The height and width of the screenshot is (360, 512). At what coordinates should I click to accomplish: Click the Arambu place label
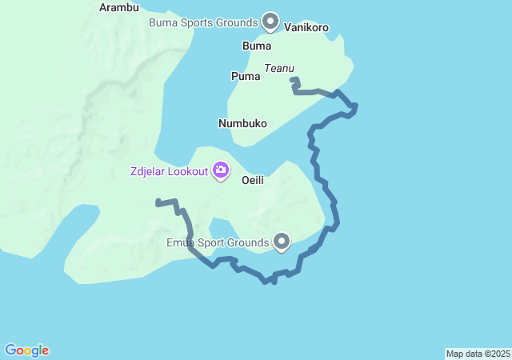[118, 7]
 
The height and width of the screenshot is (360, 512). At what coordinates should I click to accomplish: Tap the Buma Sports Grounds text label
[203, 22]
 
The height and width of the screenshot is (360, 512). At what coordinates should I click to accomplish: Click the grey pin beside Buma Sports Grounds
[270, 21]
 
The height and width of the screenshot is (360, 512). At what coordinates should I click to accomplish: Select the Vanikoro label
[306, 27]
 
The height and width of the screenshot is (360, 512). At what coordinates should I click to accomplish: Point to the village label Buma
[257, 46]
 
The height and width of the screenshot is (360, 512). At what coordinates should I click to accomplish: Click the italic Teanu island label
[278, 70]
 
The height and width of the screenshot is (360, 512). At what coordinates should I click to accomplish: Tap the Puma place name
[246, 77]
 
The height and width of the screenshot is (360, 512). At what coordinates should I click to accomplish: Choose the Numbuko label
[242, 124]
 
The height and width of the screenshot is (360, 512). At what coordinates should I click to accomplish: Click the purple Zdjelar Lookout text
[168, 171]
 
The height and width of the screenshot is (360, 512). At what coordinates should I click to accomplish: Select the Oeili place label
[252, 181]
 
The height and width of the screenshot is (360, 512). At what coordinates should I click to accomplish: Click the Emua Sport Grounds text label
[218, 242]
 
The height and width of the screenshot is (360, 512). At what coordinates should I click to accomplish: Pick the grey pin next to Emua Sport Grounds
[282, 241]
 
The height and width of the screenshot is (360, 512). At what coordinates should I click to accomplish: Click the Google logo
[26, 350]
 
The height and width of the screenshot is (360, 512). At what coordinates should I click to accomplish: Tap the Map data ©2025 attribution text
[478, 354]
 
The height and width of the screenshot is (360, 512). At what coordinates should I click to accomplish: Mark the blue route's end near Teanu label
[294, 80]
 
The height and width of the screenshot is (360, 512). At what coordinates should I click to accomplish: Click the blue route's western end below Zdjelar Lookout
[158, 202]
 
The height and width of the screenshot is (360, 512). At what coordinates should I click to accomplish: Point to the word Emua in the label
[180, 242]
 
